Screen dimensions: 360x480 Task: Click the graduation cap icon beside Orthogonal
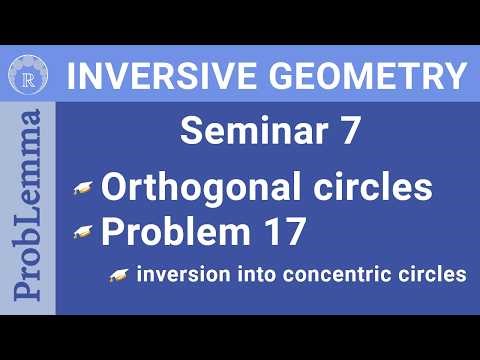tap(83, 188)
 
